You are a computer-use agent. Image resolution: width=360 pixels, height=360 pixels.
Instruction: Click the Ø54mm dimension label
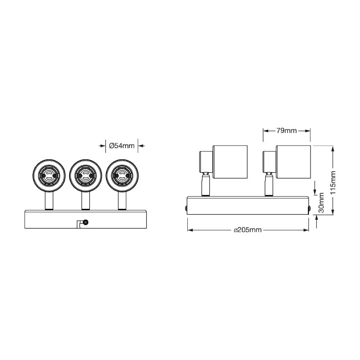122,146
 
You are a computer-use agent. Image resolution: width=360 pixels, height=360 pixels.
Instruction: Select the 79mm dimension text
287,131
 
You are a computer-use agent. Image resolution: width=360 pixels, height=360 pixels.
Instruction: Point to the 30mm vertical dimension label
322,202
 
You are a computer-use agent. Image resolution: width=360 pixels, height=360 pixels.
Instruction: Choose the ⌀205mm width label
248,230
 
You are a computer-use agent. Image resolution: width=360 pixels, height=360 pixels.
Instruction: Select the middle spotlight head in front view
85,175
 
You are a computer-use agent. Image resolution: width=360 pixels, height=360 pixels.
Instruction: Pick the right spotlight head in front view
121,175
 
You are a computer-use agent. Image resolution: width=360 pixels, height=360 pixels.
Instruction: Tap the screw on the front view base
86,223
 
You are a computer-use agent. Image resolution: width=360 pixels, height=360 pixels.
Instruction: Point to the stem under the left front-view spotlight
49,201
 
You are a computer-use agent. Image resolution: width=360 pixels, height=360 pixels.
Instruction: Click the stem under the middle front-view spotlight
85,201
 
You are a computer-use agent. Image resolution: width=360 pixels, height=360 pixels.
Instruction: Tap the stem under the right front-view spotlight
121,201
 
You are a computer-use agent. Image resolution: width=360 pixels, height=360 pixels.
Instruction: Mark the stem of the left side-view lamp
206,186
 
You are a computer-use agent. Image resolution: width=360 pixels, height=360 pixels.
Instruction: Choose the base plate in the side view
248,205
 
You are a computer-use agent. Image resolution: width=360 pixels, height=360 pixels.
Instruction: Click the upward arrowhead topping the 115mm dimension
334,149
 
